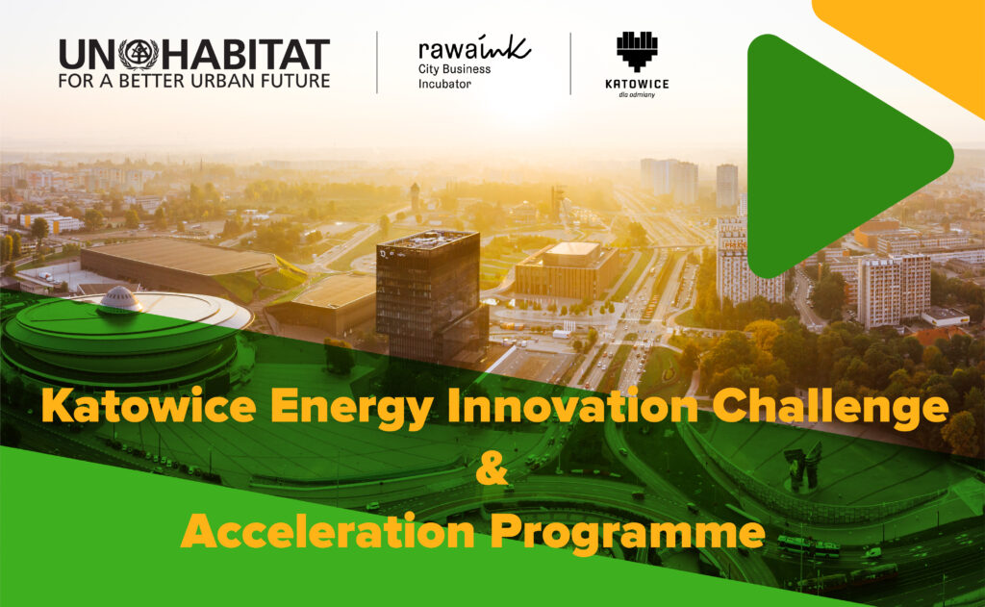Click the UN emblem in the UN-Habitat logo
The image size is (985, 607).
point(139,54)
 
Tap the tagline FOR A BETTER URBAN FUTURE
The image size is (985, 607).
point(194,81)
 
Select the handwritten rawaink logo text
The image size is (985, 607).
point(474,48)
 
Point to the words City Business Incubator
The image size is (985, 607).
point(455,76)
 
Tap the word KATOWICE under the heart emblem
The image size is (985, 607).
point(637,85)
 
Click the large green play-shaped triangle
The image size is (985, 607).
point(842,155)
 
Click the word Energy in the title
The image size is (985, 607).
point(352,408)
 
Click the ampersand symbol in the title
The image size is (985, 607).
point(492,468)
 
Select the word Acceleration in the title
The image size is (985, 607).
point(327,531)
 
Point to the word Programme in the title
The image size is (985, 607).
point(627,534)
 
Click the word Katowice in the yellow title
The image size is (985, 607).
point(149,405)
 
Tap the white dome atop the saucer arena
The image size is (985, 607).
point(120,299)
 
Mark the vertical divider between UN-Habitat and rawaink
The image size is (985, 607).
point(377,63)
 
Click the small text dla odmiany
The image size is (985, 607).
point(637,95)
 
